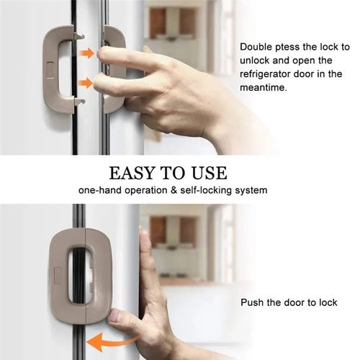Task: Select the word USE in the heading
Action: tap(208, 174)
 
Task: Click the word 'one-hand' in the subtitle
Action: tap(99, 191)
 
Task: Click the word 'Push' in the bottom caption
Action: tap(253, 303)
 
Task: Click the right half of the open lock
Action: tap(114, 68)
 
